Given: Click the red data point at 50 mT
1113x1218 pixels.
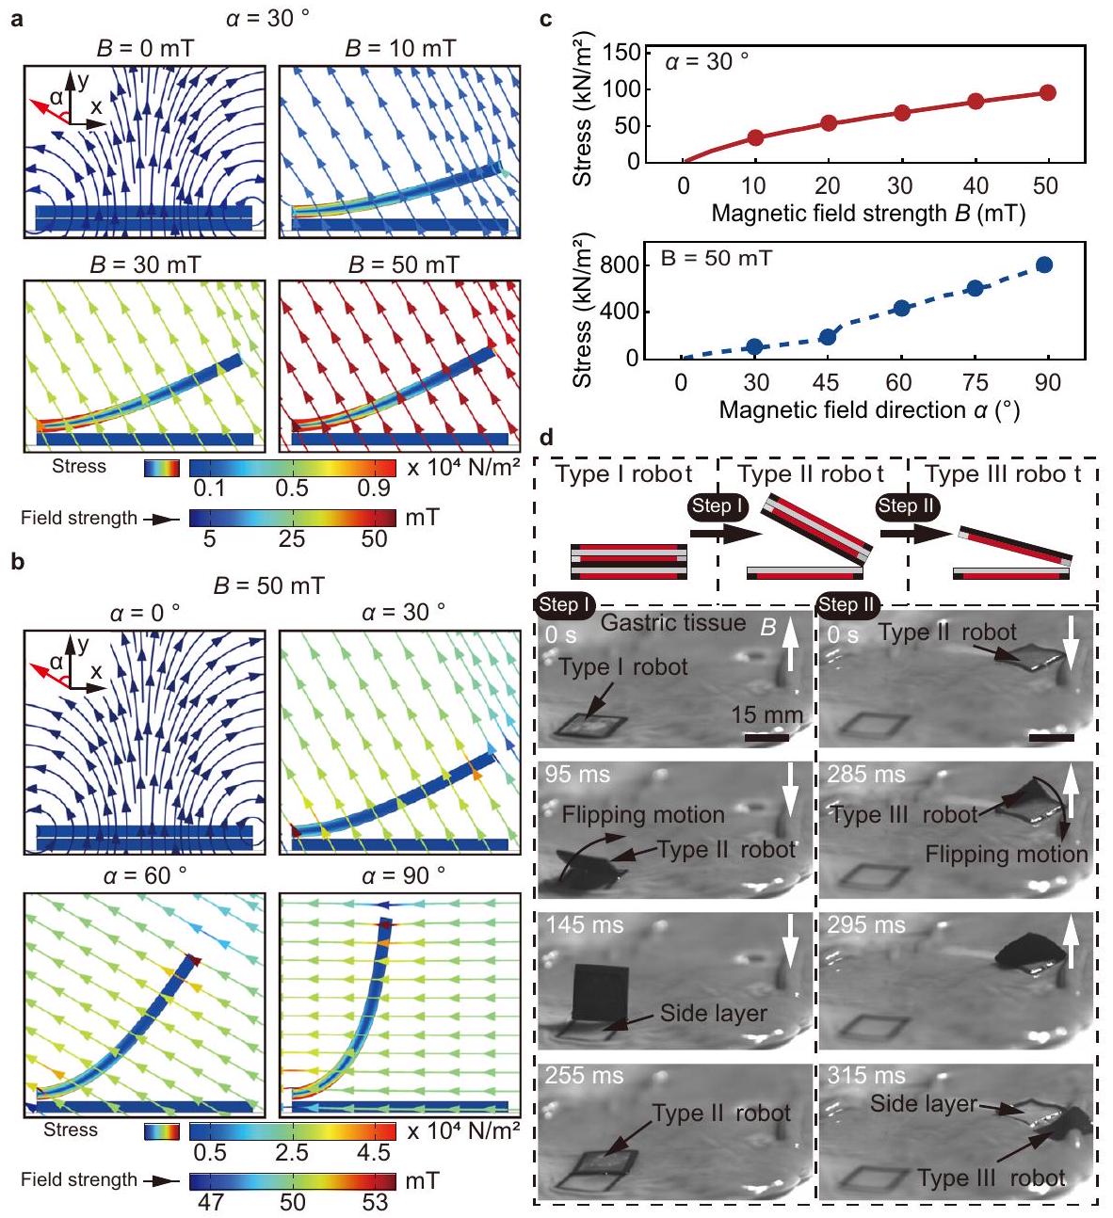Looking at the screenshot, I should (1047, 92).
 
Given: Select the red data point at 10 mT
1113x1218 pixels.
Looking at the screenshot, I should (755, 137).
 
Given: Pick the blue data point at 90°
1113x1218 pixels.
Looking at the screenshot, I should (1044, 264).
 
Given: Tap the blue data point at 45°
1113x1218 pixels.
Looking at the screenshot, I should (828, 337).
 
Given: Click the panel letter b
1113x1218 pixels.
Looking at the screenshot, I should (15, 565).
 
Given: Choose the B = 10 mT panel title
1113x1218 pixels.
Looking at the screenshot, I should (399, 48).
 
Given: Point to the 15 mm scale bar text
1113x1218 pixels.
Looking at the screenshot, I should (766, 715).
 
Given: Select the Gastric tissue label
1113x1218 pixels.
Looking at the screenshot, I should (672, 623).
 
